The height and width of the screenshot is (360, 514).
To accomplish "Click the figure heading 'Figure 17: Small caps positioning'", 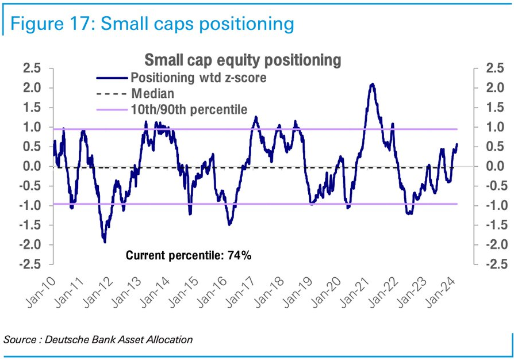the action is (152, 24).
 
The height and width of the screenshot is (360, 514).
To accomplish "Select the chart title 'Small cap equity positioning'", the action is (243, 60).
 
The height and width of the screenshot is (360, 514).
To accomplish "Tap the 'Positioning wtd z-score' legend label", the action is (199, 78).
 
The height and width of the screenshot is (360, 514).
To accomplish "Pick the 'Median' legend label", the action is (153, 93).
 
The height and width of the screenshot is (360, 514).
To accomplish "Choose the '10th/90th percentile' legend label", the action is (189, 109).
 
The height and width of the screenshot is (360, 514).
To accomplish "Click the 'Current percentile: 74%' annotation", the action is (189, 255).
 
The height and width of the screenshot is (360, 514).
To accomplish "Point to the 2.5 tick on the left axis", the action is (32, 68).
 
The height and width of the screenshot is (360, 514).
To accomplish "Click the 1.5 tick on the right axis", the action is (495, 108).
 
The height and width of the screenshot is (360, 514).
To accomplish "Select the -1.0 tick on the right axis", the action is (493, 205).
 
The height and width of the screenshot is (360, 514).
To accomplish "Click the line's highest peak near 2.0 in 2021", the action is (372, 85).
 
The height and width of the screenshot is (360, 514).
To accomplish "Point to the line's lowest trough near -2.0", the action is (105, 242).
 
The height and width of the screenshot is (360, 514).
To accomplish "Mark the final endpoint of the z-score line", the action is (457, 144).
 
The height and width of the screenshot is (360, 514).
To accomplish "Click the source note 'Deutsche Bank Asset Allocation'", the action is (118, 339).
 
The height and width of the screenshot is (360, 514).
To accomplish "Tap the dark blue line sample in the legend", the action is (112, 78).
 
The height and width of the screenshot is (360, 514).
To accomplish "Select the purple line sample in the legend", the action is (112, 110).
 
